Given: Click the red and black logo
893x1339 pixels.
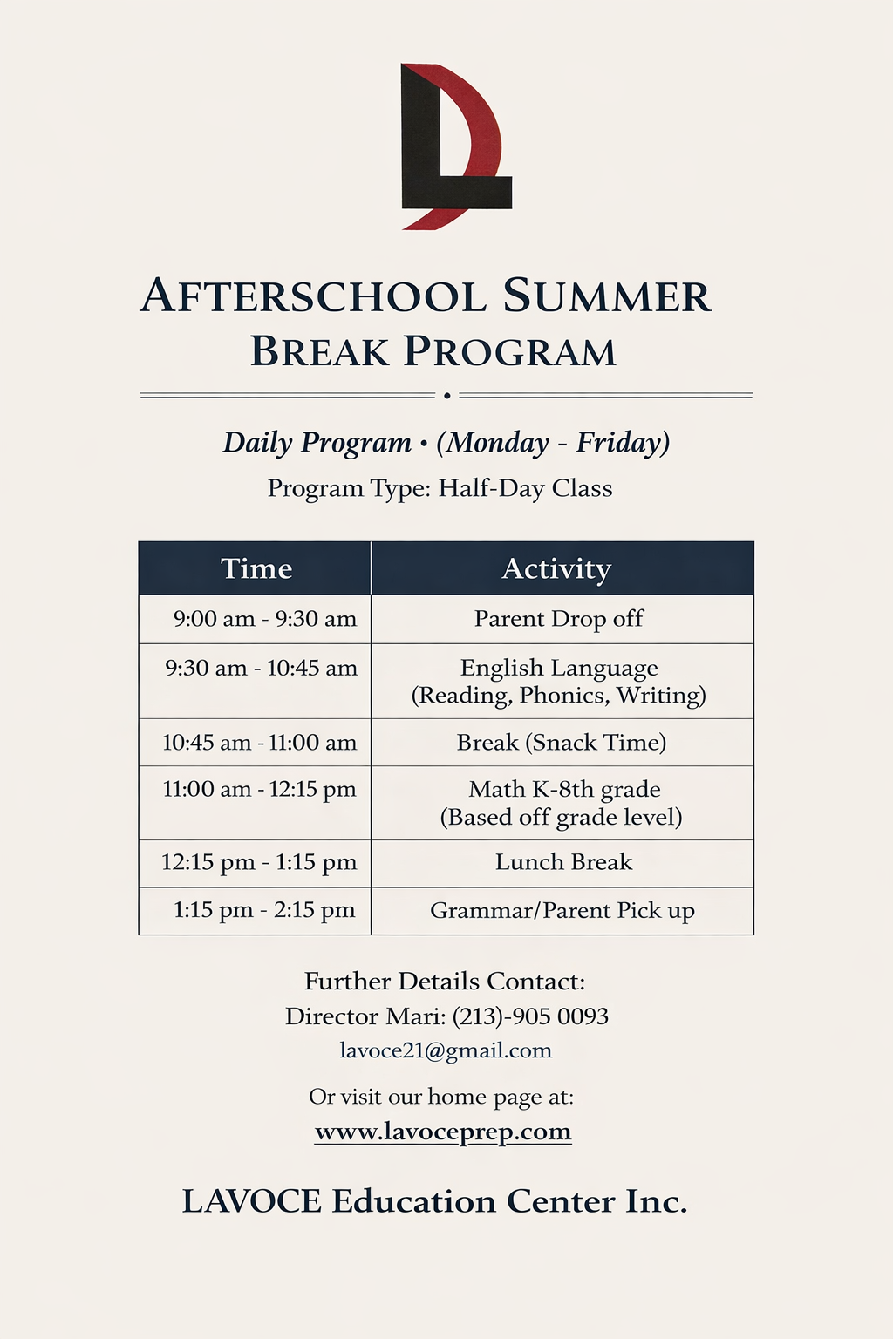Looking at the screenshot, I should [453, 146].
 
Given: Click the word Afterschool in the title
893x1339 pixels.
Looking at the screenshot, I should [313, 296].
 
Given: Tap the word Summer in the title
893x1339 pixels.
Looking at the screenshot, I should [607, 296].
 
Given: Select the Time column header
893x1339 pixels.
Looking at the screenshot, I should [256, 568].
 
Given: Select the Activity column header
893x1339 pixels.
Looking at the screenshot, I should [556, 568].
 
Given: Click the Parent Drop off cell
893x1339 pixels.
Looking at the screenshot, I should [559, 619].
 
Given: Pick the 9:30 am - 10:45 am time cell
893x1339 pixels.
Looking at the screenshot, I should [261, 669].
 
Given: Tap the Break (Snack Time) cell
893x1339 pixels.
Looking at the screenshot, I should [562, 743].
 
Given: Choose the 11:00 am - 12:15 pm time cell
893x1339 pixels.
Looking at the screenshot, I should [259, 790].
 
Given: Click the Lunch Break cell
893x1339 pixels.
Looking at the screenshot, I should [563, 862].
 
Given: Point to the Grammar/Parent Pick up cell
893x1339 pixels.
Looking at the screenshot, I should [562, 911].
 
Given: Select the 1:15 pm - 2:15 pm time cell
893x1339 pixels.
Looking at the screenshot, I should [264, 910].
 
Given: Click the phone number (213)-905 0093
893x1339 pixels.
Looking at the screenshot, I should [530, 1016].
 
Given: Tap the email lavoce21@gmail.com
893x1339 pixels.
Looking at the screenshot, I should [446, 1050].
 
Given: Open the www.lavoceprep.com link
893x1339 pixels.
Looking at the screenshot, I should [443, 1132].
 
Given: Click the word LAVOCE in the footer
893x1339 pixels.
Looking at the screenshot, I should [251, 1201].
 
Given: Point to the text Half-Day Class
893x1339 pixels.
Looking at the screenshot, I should [525, 488].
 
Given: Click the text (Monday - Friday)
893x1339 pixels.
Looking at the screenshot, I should [553, 443].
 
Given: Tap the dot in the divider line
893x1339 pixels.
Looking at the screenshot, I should [446, 396].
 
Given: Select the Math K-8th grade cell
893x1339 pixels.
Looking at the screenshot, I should [563, 790].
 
